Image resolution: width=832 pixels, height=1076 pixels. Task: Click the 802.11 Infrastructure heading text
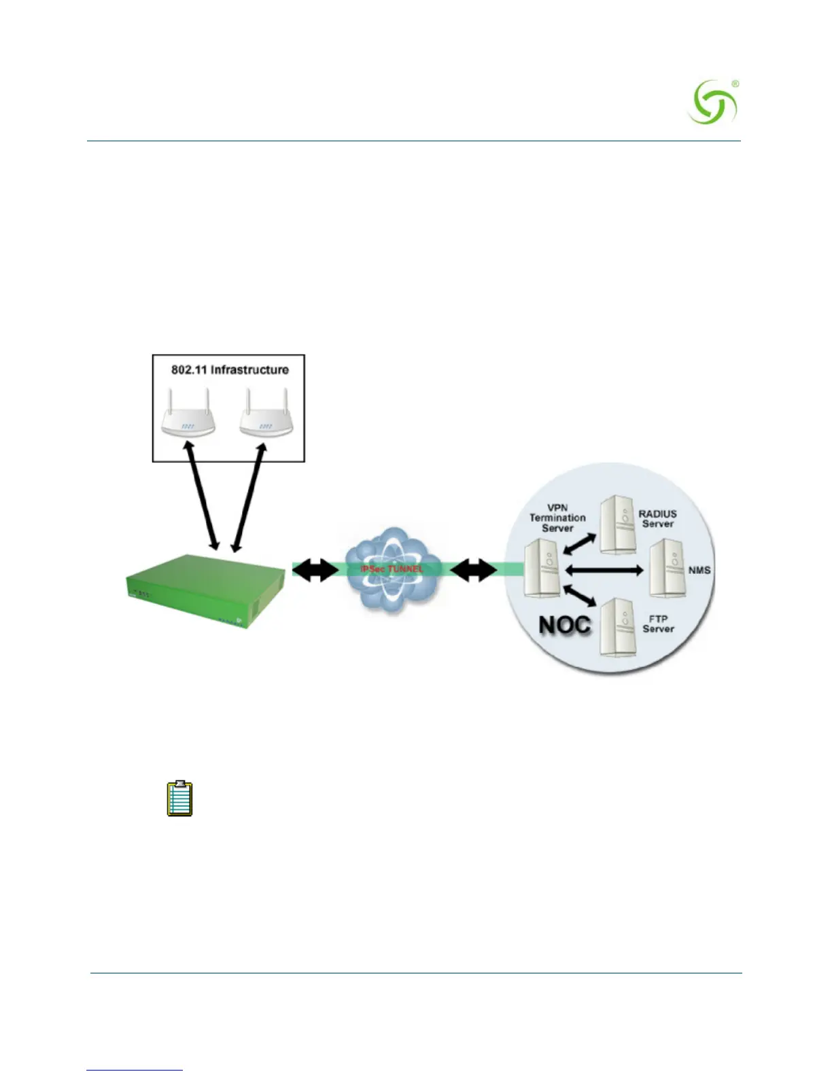click(230, 370)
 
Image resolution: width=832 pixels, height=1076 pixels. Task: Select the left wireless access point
click(188, 418)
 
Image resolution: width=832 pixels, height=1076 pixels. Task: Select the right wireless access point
click(266, 418)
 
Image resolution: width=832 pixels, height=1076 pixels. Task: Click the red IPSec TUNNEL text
click(392, 569)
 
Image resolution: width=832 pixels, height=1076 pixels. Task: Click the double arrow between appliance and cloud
click(315, 571)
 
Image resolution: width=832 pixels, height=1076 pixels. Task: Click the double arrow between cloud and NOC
click(473, 571)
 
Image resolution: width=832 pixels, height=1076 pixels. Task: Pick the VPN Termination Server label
click(557, 518)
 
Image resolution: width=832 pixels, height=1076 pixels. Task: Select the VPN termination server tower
click(542, 568)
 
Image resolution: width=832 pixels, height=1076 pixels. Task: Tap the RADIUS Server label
click(657, 519)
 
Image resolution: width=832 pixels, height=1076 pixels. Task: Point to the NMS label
click(699, 570)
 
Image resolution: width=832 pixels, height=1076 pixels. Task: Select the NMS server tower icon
click(666, 568)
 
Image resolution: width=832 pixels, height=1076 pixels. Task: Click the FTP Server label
click(658, 624)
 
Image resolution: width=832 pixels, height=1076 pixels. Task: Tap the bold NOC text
click(564, 625)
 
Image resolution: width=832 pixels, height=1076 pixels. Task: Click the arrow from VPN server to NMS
click(604, 570)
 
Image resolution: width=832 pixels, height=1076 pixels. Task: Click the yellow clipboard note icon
click(180, 798)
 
